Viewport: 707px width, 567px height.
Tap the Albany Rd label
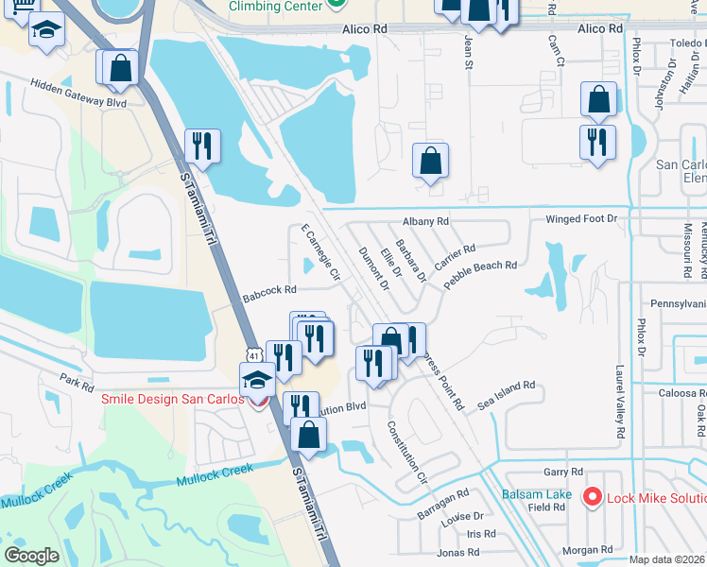424,221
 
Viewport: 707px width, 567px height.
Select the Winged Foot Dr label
580,219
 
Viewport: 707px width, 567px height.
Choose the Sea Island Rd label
506,394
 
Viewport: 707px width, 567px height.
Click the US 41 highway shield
252,355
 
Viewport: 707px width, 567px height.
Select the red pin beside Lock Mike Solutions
593,496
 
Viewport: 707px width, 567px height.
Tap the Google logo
32,556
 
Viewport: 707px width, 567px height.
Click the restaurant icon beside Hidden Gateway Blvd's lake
202,146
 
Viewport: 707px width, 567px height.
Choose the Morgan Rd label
587,549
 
